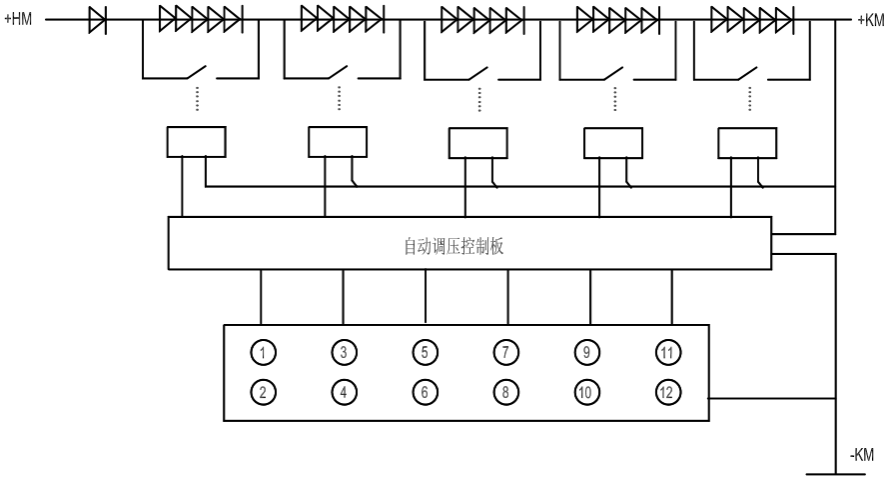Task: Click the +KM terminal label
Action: coord(870,19)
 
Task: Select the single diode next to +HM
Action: coord(99,17)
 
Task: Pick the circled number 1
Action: coord(262,352)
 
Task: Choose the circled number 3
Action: coord(343,352)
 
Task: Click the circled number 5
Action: coord(425,352)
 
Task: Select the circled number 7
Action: coord(506,352)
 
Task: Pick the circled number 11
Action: coord(667,352)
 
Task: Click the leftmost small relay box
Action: coord(196,143)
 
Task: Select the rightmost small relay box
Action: coord(749,143)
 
